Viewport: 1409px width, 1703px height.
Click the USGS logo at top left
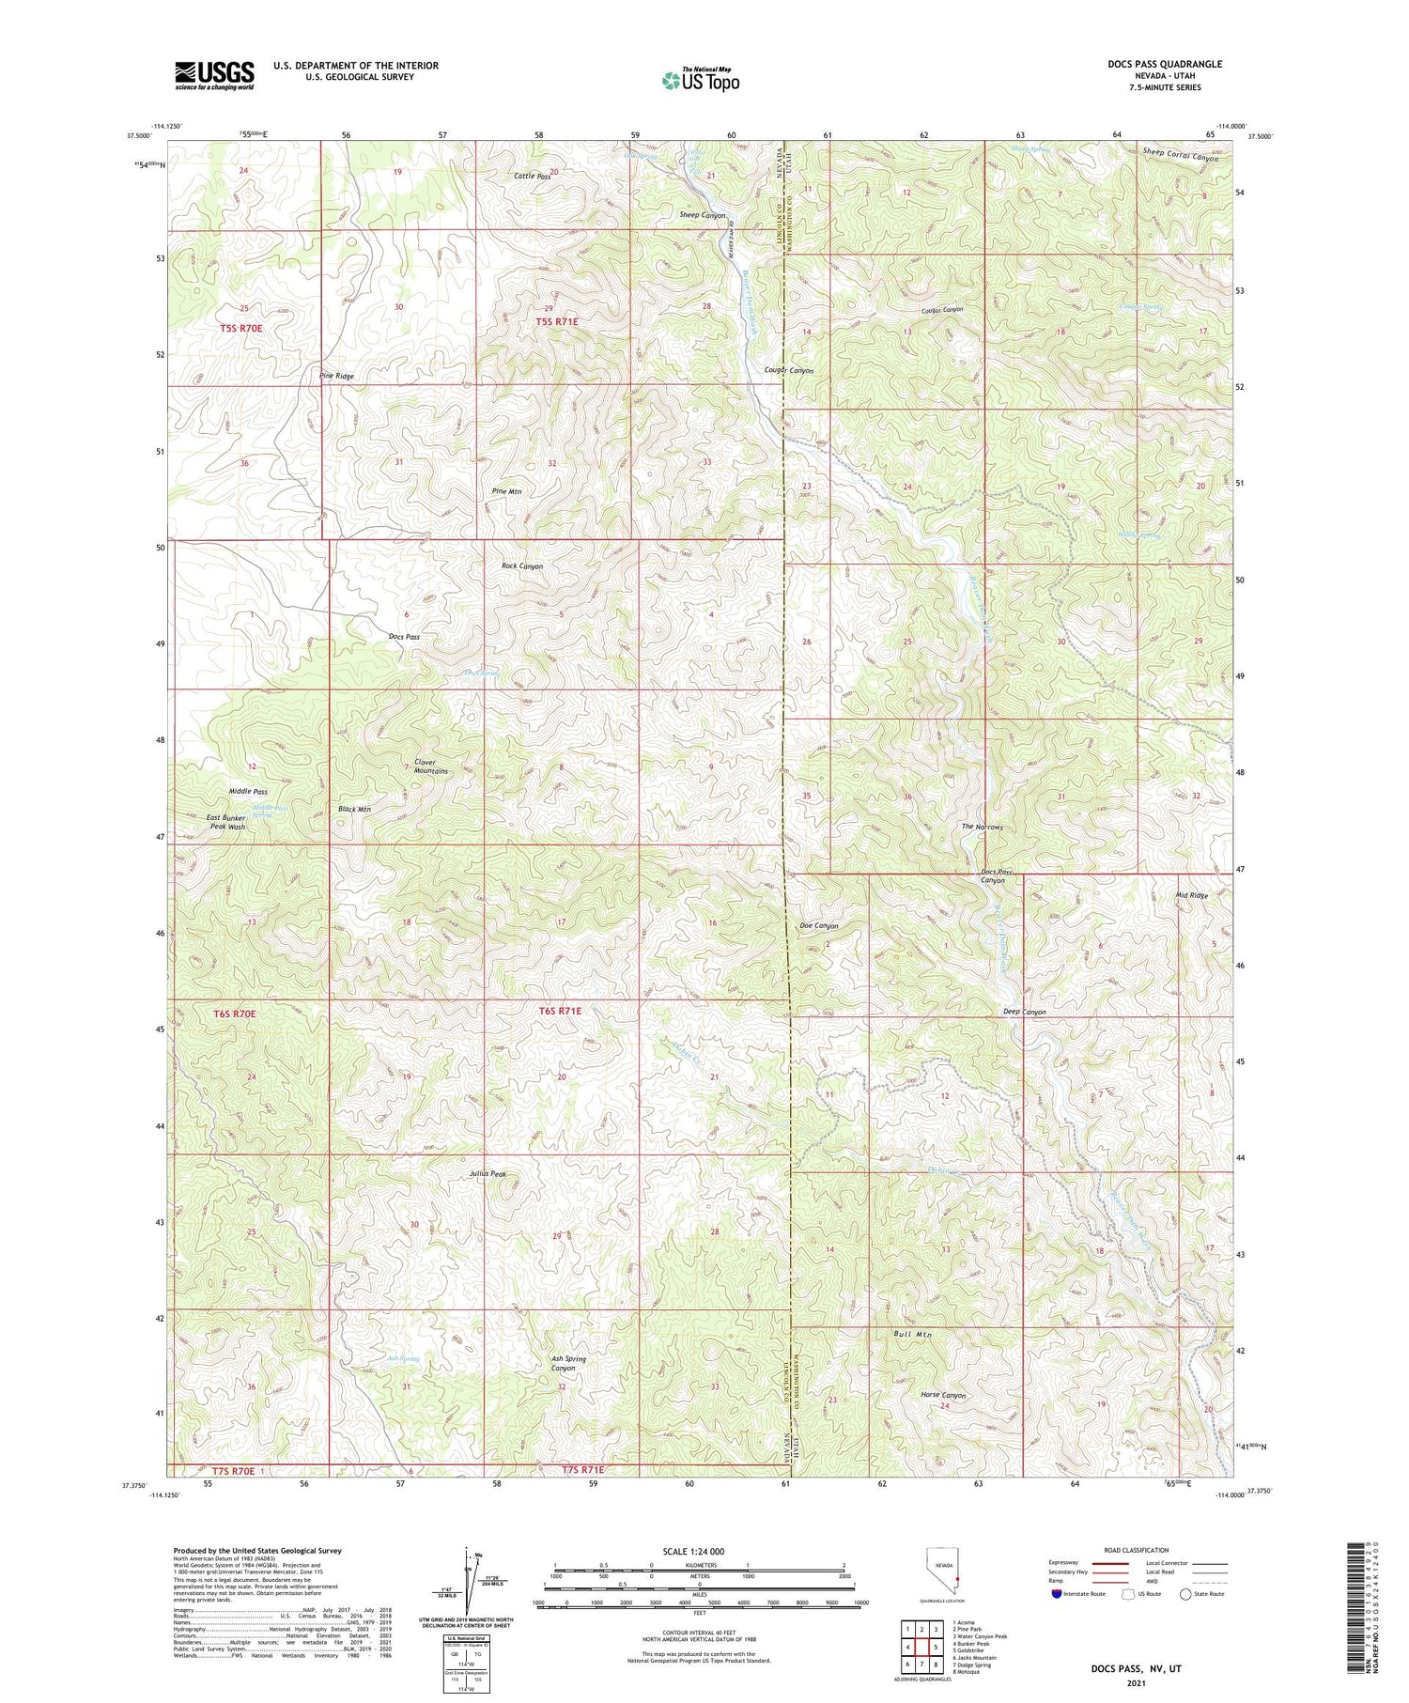coord(214,75)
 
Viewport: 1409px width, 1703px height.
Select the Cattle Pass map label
coord(532,176)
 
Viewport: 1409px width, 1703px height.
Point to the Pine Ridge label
coord(336,376)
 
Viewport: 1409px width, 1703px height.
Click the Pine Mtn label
coord(506,491)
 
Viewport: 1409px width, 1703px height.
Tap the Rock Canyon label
coord(521,566)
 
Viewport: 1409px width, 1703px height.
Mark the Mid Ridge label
coord(1191,896)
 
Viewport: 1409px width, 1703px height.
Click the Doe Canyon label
coord(818,925)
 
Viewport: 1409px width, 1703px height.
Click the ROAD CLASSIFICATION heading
coord(1137,1550)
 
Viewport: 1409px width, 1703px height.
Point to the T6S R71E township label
coord(560,1011)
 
